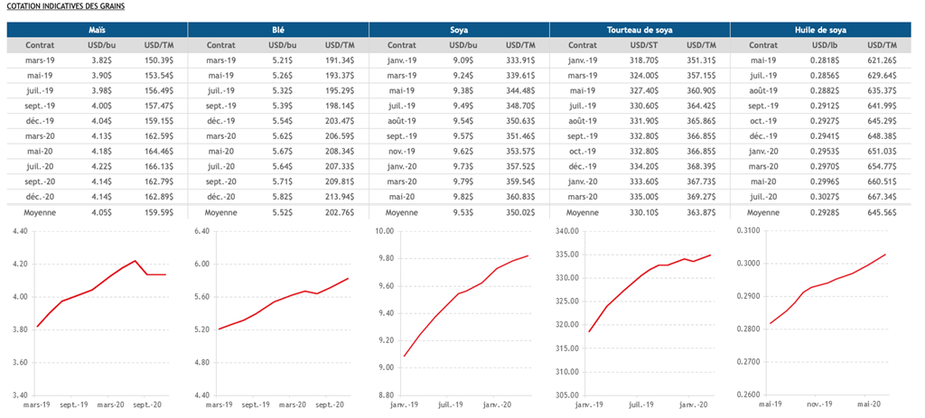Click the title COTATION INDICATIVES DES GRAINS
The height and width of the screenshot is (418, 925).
(x=65, y=6)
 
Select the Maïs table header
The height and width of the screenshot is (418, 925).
(x=97, y=30)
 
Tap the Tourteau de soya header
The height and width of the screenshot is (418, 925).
(x=639, y=30)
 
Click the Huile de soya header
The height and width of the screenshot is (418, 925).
(x=819, y=30)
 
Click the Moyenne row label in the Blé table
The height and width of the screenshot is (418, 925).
(x=221, y=212)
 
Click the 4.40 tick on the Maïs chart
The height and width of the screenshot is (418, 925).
(x=20, y=231)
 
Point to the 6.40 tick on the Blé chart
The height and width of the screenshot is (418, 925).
(x=201, y=231)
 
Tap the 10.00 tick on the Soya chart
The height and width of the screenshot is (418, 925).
(x=383, y=231)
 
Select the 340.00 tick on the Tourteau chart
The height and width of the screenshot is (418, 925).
(x=564, y=231)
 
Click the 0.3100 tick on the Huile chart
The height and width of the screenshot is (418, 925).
(x=746, y=231)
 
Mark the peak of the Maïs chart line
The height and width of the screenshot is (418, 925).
(x=135, y=261)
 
